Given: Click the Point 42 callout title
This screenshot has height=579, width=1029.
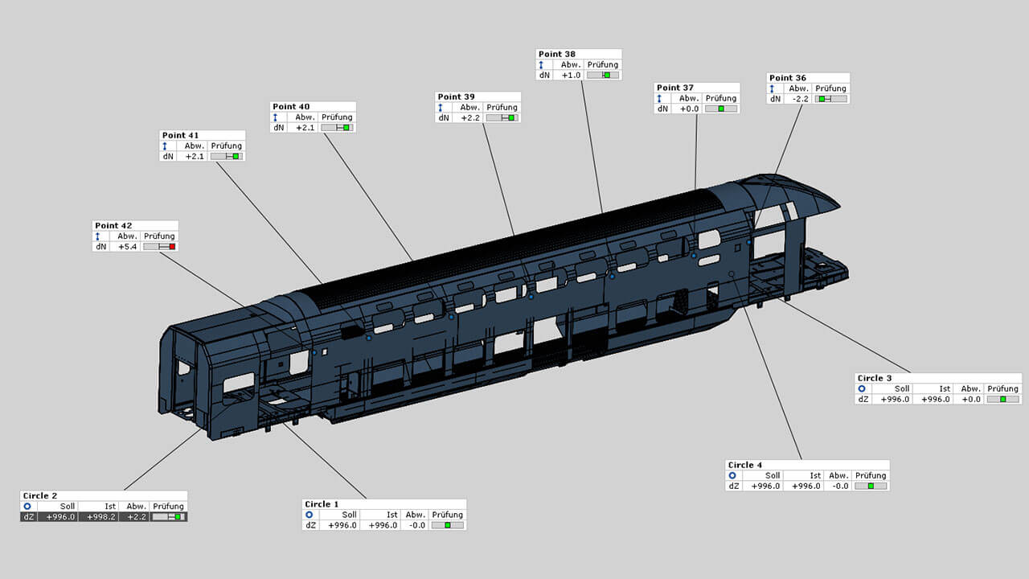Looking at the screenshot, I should point(113,226).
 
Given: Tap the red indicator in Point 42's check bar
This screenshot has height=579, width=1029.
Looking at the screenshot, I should point(172,247).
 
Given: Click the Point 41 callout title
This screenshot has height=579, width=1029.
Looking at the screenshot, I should point(180,135).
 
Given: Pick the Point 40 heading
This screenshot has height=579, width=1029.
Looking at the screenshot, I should point(291,106).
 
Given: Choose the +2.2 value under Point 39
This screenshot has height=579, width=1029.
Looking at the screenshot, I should point(470,117).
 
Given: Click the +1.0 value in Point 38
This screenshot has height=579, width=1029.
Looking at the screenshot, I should point(571,75).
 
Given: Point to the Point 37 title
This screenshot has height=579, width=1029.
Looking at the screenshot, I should point(675,88).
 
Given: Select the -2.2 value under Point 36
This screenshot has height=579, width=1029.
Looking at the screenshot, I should point(799,99).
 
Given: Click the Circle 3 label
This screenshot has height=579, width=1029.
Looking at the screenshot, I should point(875,378).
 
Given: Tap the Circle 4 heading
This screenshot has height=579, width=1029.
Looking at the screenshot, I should point(744,465).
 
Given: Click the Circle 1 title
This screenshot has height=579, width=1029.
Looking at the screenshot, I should point(322,504).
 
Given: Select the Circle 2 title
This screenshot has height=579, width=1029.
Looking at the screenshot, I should point(39,495).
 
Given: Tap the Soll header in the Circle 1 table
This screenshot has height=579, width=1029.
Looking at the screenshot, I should point(349,515).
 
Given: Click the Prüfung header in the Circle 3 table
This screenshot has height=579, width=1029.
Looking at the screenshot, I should point(1002,388).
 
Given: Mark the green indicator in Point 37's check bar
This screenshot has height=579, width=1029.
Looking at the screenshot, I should point(721,109).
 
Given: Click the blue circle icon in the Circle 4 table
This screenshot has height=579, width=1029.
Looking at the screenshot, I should point(732,475).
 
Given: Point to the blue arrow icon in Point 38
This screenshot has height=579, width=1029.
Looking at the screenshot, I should point(541,64).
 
